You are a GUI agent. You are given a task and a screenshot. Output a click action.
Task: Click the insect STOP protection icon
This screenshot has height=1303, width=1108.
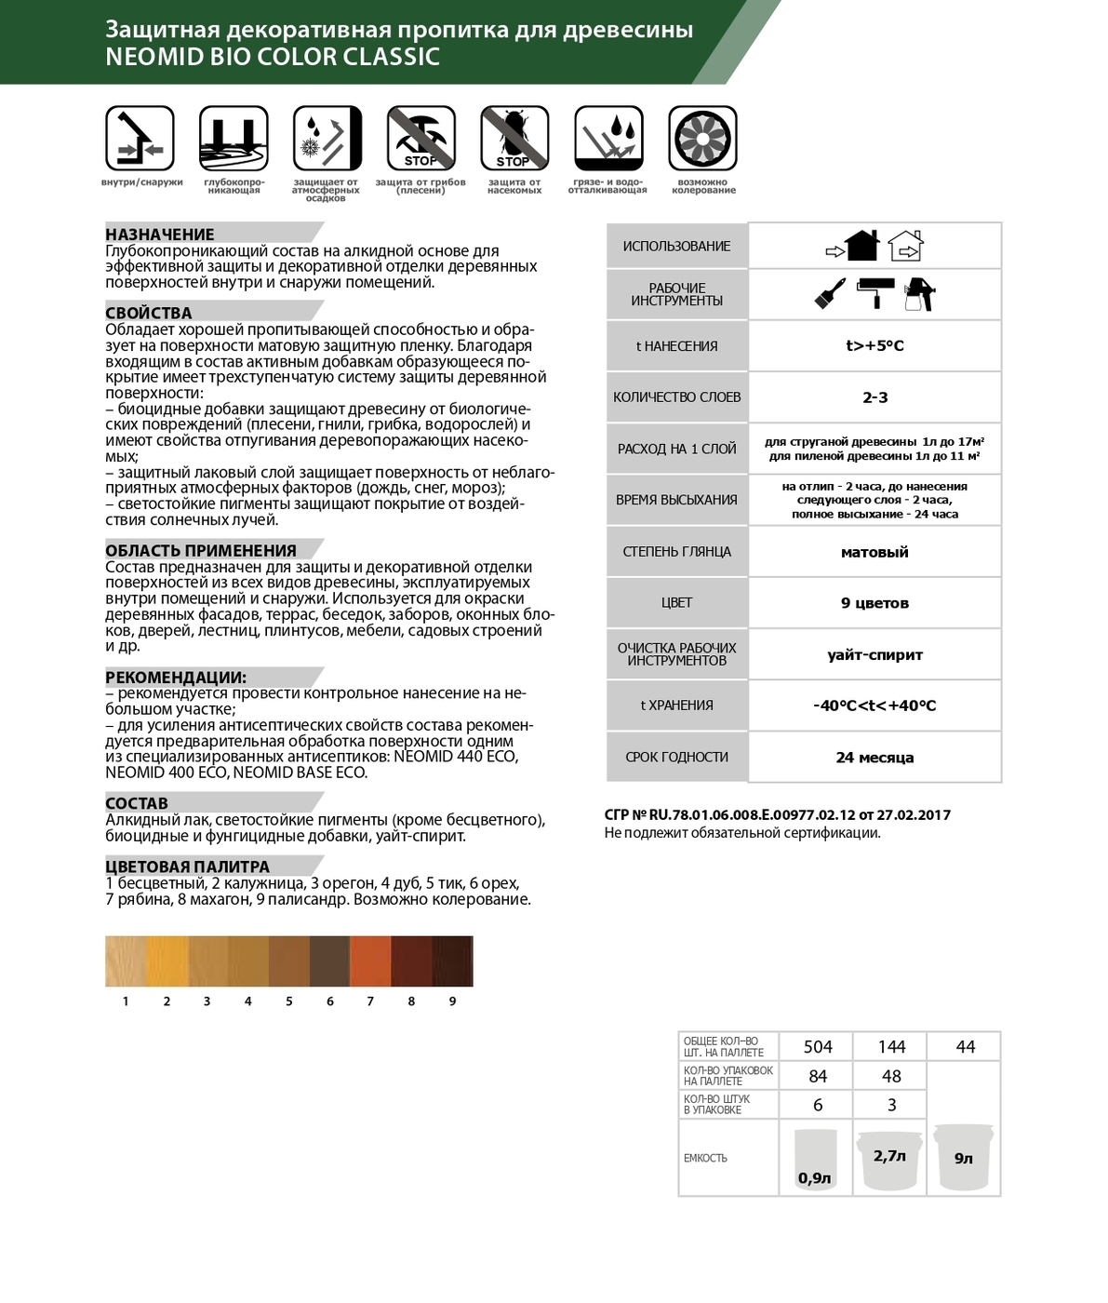coord(514,140)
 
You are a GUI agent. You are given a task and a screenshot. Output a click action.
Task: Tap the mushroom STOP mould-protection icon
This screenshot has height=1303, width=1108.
coord(421,140)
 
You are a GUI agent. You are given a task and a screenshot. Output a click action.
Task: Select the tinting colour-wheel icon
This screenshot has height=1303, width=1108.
coord(703,140)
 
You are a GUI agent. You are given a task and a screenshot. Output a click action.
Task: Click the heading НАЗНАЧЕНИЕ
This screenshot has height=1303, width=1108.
coord(160,235)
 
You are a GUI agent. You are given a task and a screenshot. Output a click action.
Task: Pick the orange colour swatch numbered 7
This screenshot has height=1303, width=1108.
coord(370,961)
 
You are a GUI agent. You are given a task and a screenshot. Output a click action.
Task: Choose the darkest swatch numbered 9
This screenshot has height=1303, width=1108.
coord(452,961)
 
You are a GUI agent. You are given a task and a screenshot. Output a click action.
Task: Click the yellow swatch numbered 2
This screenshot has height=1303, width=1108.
coord(167,961)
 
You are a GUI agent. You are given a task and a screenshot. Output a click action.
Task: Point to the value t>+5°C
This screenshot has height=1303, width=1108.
coord(874,346)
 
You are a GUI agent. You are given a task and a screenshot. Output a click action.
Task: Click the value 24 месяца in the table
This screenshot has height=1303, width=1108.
coord(874,758)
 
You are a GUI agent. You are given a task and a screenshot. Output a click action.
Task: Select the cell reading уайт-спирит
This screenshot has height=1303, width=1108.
coord(874,655)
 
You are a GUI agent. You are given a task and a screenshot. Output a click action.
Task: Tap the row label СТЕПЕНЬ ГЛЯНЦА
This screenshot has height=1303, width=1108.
coord(676,552)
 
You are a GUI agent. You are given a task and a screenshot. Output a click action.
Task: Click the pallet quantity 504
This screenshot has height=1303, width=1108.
coord(818,1047)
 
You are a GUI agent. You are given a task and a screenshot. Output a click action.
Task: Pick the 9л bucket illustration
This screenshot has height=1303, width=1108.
coord(964,1156)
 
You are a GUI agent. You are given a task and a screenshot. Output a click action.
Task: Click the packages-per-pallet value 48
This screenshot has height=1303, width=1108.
coord(891,1076)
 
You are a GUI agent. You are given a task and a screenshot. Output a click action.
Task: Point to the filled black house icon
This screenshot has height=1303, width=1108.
coord(861,246)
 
